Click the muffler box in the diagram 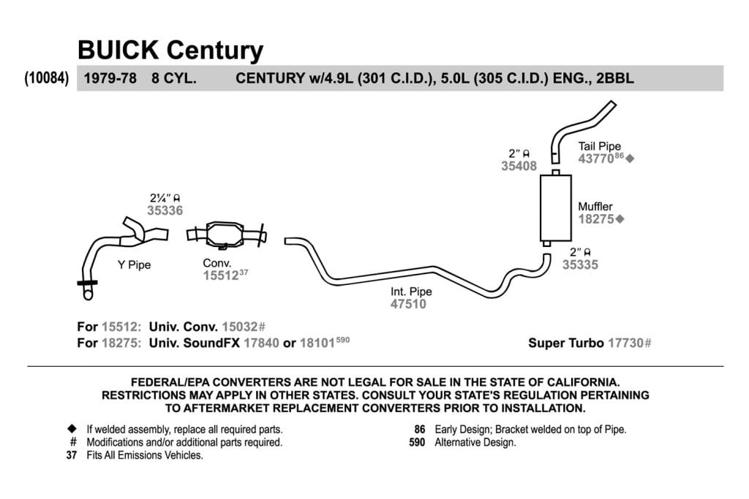556,208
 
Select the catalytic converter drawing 227,235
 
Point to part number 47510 408,304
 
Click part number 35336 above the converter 165,210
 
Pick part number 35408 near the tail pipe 519,166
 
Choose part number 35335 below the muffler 580,264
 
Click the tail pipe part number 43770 596,159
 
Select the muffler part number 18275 596,219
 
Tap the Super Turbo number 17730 625,343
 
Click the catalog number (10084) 46,77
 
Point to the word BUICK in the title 118,50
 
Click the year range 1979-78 110,78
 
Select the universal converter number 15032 239,327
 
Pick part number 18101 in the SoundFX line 317,343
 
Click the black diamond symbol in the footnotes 72,428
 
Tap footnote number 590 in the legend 417,442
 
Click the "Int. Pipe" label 411,292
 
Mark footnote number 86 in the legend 420,430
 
